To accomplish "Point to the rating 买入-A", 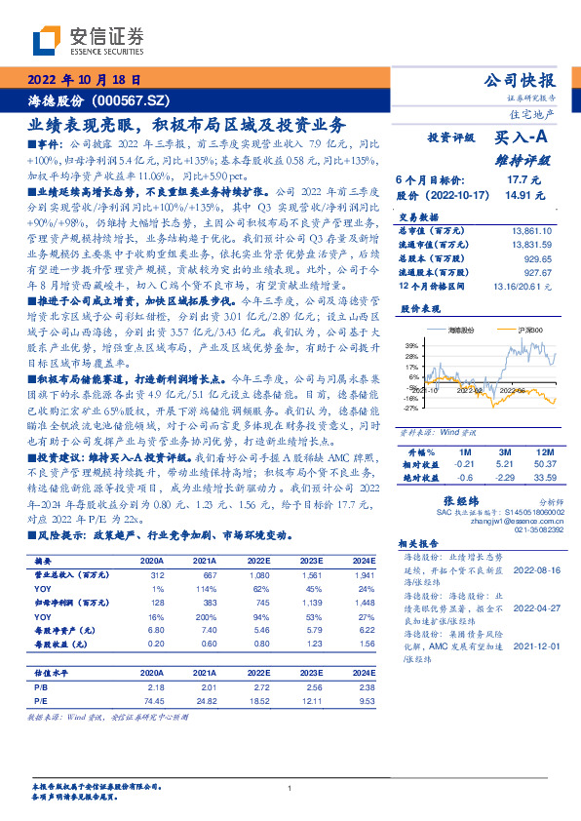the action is pyautogui.click(x=523, y=139).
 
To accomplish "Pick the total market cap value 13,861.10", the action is pyautogui.click(x=530, y=228).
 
